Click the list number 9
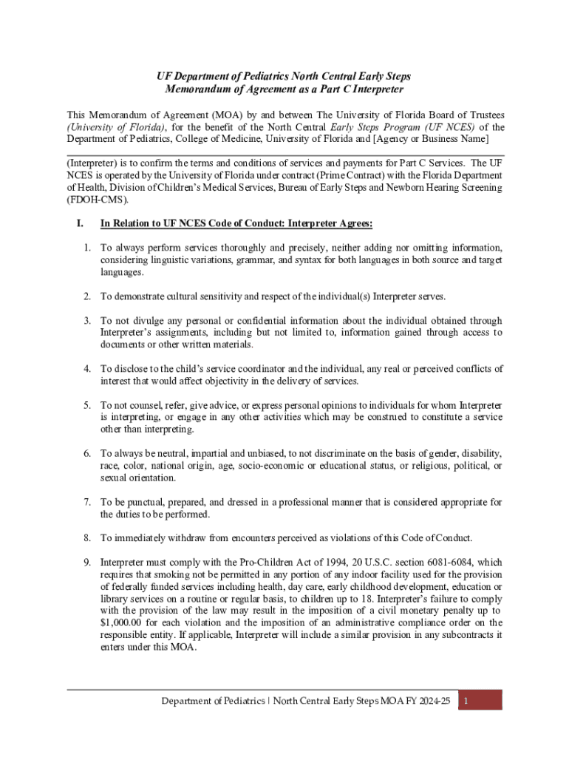(x=86, y=562)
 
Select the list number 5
(x=86, y=405)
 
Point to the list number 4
(x=86, y=368)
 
